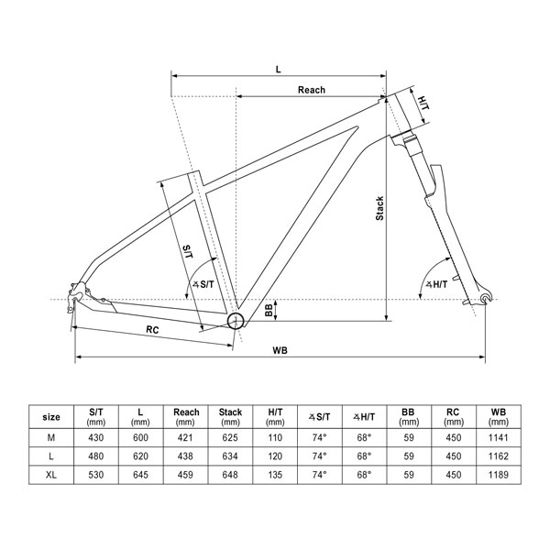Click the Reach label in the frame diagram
click(312, 90)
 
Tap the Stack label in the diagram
click(379, 210)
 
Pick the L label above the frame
click(277, 69)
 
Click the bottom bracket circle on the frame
click(236, 320)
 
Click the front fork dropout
click(482, 299)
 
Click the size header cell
click(52, 417)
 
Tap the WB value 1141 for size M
click(499, 437)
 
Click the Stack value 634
click(231, 456)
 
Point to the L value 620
click(141, 456)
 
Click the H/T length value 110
click(275, 437)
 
